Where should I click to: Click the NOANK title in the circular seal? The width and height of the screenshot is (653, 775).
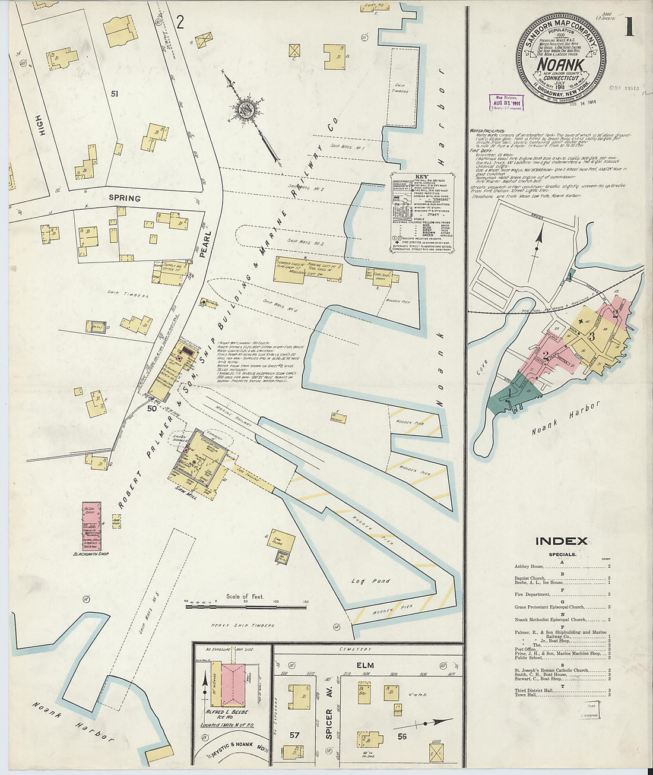561,65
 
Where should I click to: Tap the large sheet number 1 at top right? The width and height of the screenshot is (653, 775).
629,27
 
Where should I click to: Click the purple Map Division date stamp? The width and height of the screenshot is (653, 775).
506,102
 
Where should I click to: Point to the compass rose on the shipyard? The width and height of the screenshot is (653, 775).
245,109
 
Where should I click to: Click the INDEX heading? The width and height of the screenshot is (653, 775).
561,541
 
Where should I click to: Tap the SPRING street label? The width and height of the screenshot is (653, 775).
125,198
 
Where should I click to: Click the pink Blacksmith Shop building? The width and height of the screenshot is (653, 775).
91,526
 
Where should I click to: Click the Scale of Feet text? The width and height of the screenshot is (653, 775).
245,596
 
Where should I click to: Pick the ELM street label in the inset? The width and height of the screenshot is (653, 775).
364,663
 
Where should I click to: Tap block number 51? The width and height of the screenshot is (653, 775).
114,93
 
